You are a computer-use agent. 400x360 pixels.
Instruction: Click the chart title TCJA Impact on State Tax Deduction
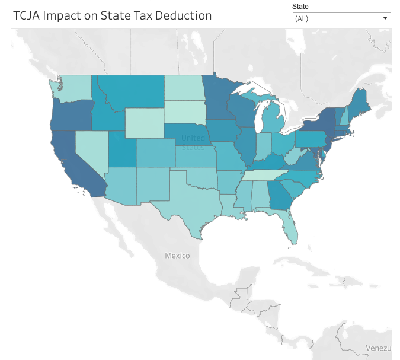[x=112, y=15]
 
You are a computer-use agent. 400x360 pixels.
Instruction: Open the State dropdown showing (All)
[x=338, y=18]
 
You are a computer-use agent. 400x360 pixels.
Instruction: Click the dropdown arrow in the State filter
[x=385, y=18]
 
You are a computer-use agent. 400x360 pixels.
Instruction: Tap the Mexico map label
[x=177, y=256]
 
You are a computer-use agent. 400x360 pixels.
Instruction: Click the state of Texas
[x=190, y=199]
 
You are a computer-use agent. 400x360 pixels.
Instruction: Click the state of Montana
[x=133, y=92]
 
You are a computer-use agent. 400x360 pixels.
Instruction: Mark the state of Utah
[x=121, y=151]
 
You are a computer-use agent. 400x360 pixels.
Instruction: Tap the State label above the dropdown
[x=300, y=6]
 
